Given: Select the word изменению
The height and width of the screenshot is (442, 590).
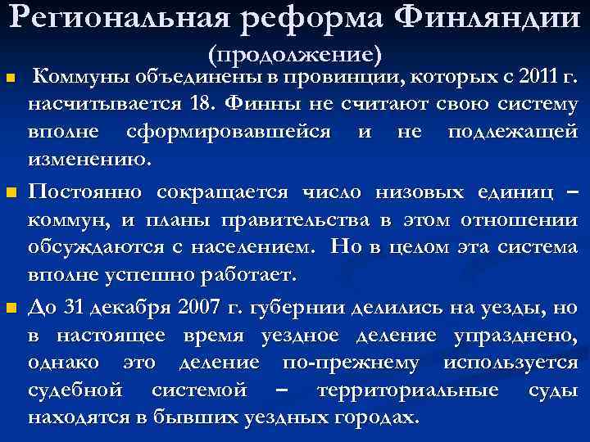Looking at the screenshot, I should coord(90,159).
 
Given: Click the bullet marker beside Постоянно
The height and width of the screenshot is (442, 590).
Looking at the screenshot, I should coord(11,193).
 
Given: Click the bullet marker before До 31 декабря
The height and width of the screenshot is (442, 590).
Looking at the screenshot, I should coord(11,308).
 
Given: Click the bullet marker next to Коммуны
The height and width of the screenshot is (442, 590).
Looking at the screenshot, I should coord(11,79).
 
